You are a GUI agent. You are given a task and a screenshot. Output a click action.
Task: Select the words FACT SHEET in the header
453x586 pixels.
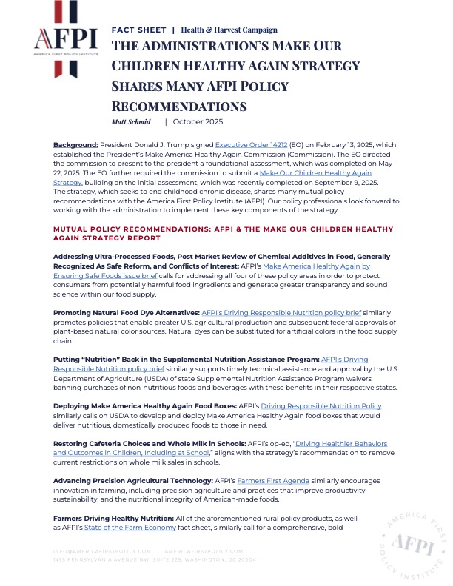[138, 30]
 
